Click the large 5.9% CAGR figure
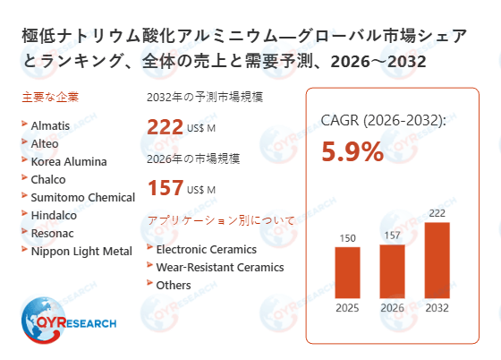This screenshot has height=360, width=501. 352,152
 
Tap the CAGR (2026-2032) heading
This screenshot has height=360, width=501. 384,120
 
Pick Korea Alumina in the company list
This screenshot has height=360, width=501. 68,161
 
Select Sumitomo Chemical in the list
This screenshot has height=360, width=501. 82,197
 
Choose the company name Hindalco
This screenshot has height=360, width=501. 55,215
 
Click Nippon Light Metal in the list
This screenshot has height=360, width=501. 81,251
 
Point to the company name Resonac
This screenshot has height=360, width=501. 54,233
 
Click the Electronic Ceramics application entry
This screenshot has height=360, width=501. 206,249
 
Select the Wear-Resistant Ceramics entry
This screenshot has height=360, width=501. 219,267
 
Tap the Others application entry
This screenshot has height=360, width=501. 174,285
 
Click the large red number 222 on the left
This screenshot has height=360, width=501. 165,128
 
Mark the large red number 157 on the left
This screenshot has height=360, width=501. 165,187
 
